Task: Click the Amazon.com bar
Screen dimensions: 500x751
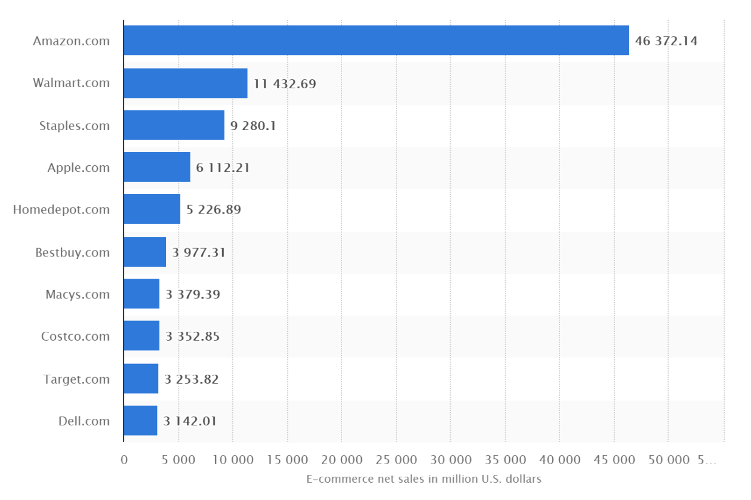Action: [376, 41]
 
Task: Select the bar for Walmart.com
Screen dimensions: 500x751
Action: [186, 83]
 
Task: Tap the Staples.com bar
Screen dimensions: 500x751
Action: [174, 125]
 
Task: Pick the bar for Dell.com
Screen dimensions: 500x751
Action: [140, 421]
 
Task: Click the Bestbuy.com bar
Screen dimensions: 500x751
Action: [144, 252]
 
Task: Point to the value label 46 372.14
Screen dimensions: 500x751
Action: [666, 41]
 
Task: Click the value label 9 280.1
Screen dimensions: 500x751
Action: [253, 126]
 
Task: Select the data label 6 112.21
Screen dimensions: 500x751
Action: [223, 168]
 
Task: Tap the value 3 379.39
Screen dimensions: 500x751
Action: [193, 294]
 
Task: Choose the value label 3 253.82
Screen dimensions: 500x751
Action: [192, 379]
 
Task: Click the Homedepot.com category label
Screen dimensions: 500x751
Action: [61, 209]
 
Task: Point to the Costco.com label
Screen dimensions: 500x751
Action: [75, 337]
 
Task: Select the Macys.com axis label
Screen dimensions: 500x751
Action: [78, 294]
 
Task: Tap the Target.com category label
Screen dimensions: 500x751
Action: [76, 379]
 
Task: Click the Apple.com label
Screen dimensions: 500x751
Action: [79, 168]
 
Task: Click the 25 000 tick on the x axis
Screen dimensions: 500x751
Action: [396, 460]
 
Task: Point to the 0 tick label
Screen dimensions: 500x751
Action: [124, 460]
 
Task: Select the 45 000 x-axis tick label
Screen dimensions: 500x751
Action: [614, 460]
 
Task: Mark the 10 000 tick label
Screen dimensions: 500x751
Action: [233, 460]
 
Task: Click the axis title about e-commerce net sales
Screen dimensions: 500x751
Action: [424, 479]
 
